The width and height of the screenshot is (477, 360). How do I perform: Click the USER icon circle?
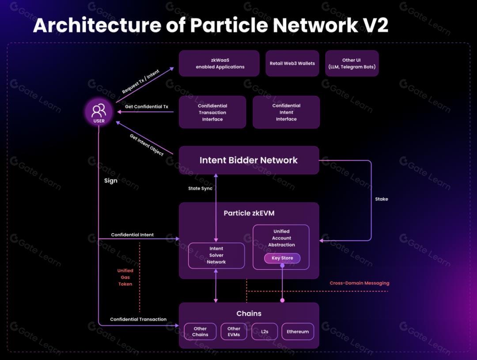(x=99, y=112)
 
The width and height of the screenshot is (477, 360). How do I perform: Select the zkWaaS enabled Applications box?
(x=219, y=63)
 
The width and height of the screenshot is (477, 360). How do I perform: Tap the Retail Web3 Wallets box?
(x=292, y=63)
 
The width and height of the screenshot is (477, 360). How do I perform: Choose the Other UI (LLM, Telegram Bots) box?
(x=352, y=63)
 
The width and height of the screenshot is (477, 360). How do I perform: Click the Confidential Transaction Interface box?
(x=212, y=112)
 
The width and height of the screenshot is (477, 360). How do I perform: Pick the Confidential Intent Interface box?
(x=286, y=112)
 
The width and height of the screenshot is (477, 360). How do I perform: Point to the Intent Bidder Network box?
(x=249, y=160)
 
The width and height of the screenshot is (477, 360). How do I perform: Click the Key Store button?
(x=282, y=258)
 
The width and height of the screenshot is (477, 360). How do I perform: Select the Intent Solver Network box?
(x=216, y=255)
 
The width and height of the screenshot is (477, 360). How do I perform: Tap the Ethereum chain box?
(x=298, y=331)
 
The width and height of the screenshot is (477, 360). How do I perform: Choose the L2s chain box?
(x=265, y=331)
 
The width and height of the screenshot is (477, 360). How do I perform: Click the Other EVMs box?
(x=234, y=331)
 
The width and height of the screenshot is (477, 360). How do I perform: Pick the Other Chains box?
(x=200, y=331)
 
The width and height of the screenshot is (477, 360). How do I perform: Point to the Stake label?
(x=382, y=199)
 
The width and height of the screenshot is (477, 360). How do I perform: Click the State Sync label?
(x=200, y=188)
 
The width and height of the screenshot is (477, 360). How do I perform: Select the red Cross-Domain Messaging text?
(x=360, y=283)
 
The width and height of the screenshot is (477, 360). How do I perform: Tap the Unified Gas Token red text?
(x=125, y=277)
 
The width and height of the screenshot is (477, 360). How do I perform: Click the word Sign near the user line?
(x=111, y=180)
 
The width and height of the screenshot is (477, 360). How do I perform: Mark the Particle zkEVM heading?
(x=249, y=213)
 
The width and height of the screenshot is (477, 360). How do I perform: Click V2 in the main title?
(x=375, y=25)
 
